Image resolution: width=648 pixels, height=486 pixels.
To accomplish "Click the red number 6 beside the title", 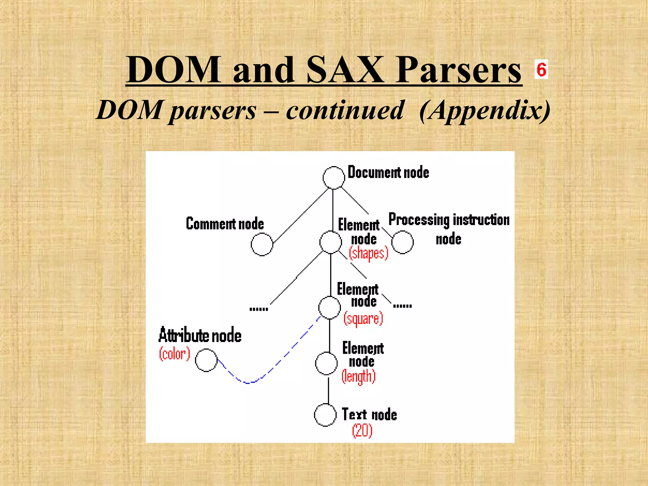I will [x=541, y=69].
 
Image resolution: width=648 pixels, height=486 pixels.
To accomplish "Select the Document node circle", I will [x=333, y=178].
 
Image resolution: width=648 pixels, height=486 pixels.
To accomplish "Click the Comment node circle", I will [x=262, y=244].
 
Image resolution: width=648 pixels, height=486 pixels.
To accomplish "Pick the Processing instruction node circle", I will [x=402, y=242].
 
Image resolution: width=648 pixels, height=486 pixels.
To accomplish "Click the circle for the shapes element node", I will [x=331, y=242].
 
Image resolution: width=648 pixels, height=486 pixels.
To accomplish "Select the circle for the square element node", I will [x=330, y=308].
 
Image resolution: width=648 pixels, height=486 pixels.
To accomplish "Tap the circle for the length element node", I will [x=327, y=364].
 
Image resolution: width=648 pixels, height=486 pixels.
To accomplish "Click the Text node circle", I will [x=325, y=415].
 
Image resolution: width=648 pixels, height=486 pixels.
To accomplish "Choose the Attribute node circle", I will [x=206, y=360].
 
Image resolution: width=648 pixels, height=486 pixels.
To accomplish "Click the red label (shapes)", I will [x=369, y=253].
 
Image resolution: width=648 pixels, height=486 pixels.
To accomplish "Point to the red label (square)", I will [x=363, y=319].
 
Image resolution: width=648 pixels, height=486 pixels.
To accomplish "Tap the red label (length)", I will [x=358, y=377].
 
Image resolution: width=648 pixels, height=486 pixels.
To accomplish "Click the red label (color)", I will [x=174, y=354].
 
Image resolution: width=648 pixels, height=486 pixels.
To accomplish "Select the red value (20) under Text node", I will [x=362, y=431].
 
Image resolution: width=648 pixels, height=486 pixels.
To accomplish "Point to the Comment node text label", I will [x=225, y=224].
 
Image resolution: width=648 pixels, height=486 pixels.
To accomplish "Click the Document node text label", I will [x=388, y=172].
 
